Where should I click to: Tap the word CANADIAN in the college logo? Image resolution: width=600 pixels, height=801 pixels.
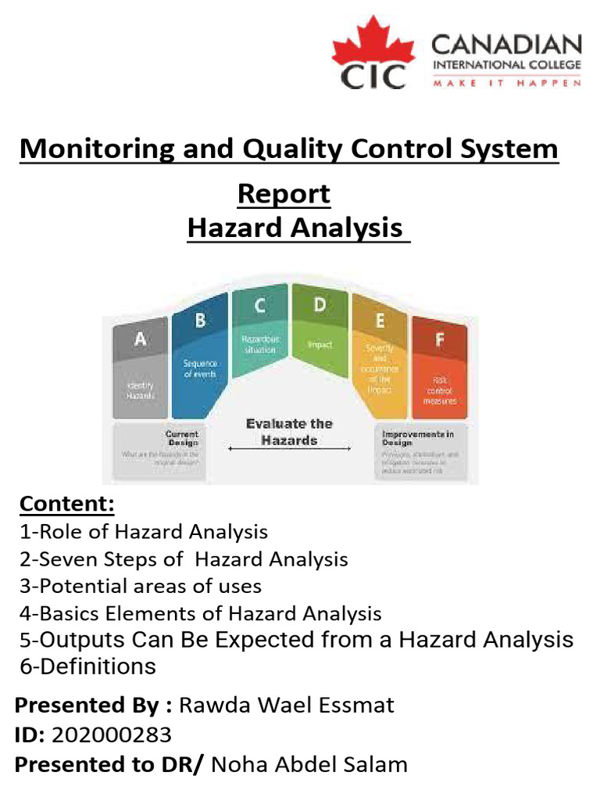506,45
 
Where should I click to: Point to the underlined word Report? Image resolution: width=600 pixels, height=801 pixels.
284,193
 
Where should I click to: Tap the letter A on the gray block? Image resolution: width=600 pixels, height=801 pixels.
141,339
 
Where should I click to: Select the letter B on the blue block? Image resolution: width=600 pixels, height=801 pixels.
200,321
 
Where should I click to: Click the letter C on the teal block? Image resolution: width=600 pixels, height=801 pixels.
260,307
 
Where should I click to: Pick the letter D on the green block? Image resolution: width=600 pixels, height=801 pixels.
319,306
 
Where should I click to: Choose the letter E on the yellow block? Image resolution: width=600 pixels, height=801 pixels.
380,319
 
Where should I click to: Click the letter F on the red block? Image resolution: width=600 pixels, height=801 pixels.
438,339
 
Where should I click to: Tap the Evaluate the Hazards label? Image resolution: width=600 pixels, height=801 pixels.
288,432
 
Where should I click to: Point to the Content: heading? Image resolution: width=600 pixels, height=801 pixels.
67,504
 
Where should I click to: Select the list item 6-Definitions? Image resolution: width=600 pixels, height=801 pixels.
87,666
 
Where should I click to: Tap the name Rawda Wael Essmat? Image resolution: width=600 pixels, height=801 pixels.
287,706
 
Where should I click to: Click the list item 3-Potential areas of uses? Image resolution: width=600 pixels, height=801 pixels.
141,586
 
